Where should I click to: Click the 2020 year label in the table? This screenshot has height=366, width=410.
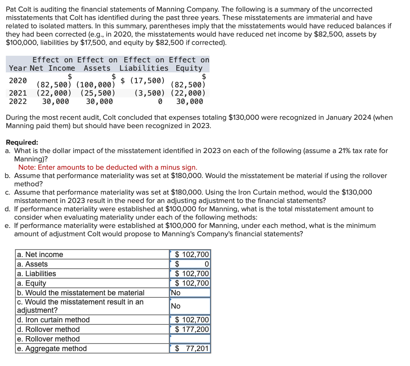pyautogui.click(x=18, y=80)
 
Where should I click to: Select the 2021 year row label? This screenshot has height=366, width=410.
pyautogui.click(x=18, y=93)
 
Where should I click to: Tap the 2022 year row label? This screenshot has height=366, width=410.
pyautogui.click(x=18, y=101)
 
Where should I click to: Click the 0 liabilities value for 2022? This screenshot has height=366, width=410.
pyautogui.click(x=160, y=101)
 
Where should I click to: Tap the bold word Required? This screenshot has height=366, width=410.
pyautogui.click(x=21, y=142)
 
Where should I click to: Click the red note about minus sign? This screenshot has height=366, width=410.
pyautogui.click(x=108, y=167)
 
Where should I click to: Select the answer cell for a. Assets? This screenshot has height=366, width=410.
pyautogui.click(x=190, y=264)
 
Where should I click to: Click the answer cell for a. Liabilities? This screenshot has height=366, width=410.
pyautogui.click(x=190, y=274)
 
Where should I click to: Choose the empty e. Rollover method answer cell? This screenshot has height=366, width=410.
pyautogui.click(x=190, y=339)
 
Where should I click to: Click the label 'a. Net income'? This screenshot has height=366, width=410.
pyautogui.click(x=40, y=255)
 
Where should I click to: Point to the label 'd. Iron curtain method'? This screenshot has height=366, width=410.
pyautogui.click(x=53, y=320)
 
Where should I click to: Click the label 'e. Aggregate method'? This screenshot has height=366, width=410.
pyautogui.click(x=52, y=349)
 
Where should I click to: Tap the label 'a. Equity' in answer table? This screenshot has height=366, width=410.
pyautogui.click(x=32, y=283)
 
